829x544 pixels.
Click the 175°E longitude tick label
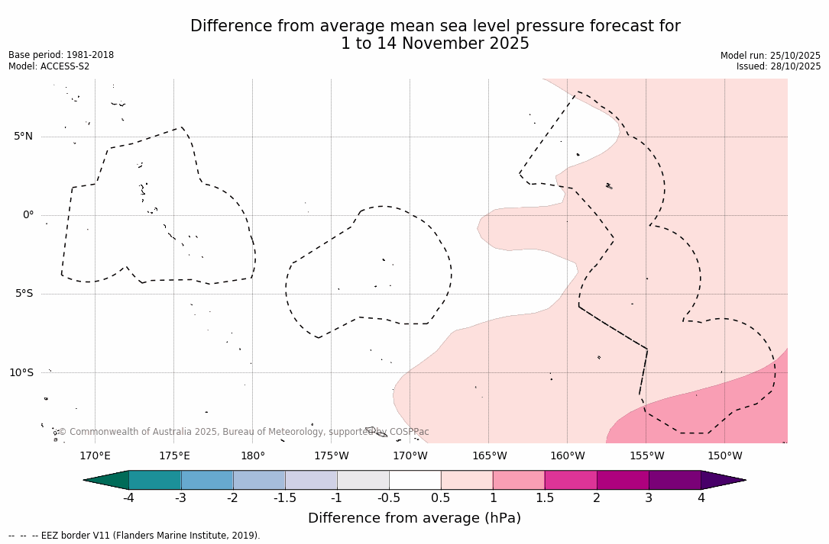click(174, 456)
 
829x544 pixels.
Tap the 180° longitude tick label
click(253, 456)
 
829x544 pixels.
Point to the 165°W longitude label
click(489, 456)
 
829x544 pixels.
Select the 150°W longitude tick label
click(724, 456)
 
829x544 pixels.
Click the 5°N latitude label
click(23, 137)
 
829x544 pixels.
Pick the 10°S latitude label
click(21, 372)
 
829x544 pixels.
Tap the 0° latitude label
click(28, 215)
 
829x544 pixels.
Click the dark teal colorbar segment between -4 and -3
click(155, 480)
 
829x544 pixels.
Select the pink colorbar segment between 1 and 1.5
click(519, 480)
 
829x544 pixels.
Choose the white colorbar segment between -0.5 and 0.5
click(415, 480)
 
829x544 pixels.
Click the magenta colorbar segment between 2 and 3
click(623, 480)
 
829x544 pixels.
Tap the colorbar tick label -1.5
click(285, 498)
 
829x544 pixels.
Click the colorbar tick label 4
click(701, 498)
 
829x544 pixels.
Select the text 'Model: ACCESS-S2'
click(49, 66)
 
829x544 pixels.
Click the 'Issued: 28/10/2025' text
click(779, 66)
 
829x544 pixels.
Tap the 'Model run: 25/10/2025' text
click(770, 56)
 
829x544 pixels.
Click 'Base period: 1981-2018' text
click(61, 55)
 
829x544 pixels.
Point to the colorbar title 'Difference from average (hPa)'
click(414, 518)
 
